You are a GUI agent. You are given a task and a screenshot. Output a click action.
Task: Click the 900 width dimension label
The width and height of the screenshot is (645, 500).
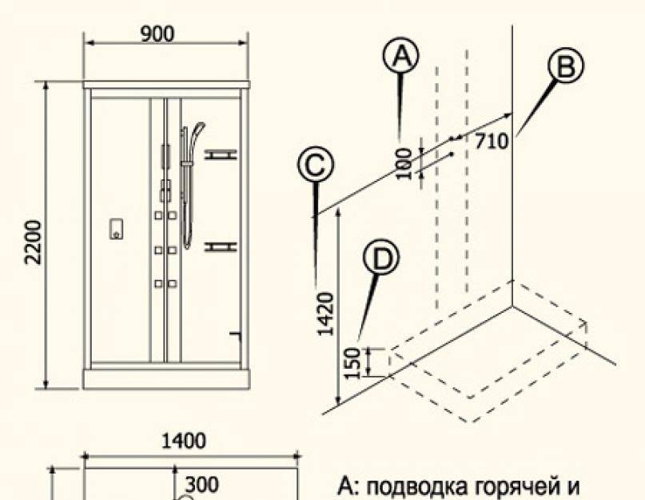[157, 34]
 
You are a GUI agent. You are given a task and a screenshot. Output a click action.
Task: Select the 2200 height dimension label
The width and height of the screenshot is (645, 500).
[34, 242]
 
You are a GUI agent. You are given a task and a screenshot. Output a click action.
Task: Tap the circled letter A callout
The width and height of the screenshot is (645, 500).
[400, 55]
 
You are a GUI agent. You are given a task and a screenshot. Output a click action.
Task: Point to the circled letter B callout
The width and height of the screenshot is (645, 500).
[566, 66]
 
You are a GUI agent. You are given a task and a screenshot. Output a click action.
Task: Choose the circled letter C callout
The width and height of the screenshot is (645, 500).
[316, 165]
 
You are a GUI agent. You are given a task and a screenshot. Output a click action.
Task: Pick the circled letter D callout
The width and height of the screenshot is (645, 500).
[381, 258]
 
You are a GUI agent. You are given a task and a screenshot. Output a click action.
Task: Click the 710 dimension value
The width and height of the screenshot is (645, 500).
[492, 142]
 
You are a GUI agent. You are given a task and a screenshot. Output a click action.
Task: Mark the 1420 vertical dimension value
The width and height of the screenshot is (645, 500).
[326, 314]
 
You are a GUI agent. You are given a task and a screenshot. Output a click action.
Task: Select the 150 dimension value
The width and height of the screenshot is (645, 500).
[352, 363]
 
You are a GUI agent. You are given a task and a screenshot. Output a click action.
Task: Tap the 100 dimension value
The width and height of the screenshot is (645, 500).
[405, 163]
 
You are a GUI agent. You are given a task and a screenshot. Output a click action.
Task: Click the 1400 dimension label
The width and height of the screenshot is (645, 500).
[184, 441]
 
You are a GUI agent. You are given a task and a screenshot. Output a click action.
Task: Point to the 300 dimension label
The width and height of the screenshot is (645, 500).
[202, 485]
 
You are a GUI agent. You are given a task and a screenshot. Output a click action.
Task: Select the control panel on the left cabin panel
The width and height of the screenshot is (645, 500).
[116, 229]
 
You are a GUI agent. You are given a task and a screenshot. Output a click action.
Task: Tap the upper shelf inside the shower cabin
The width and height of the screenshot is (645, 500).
[221, 155]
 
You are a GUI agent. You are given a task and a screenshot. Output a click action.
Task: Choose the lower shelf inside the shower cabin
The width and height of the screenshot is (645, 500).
[221, 246]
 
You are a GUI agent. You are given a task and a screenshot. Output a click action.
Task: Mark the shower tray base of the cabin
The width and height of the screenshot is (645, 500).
[166, 379]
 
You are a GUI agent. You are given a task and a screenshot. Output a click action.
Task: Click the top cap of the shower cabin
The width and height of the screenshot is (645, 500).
[166, 85]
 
